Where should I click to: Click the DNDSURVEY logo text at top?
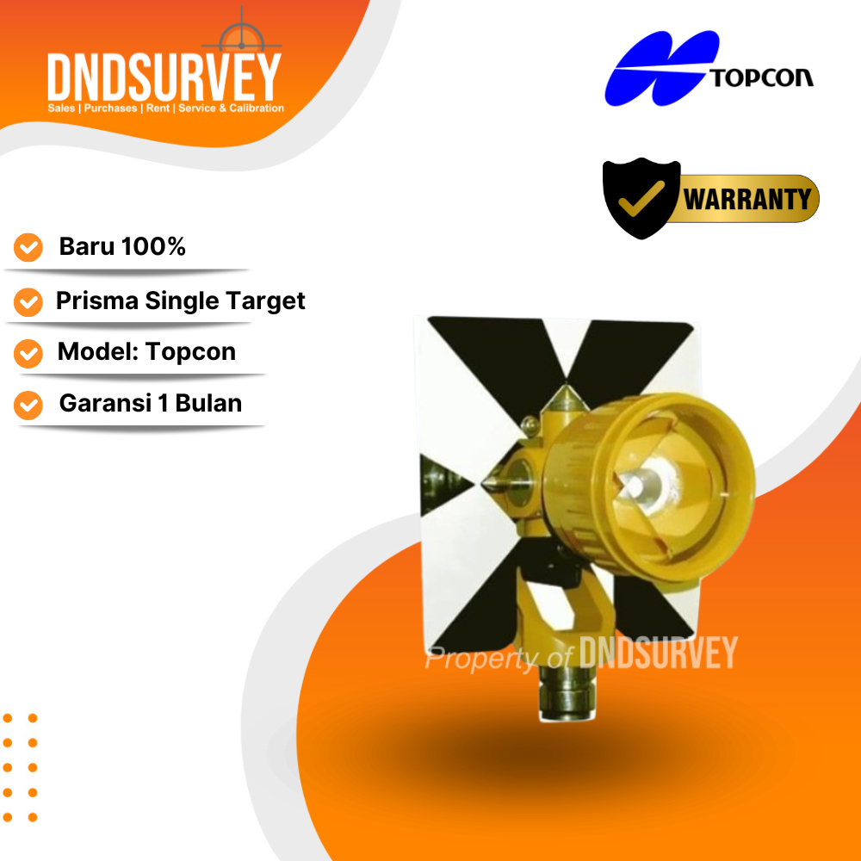(164, 77)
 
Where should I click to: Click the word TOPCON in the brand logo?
(761, 78)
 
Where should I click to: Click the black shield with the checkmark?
(641, 199)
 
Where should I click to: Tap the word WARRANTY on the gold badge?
(747, 200)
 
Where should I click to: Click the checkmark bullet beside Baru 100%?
(28, 248)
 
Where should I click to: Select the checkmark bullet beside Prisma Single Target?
(28, 301)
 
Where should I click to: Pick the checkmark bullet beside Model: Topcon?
(28, 353)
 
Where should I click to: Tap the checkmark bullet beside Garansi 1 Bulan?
(28, 405)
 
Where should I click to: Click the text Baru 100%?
(122, 247)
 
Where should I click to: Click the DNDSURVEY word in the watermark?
(659, 653)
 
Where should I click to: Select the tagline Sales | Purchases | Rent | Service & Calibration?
(165, 108)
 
